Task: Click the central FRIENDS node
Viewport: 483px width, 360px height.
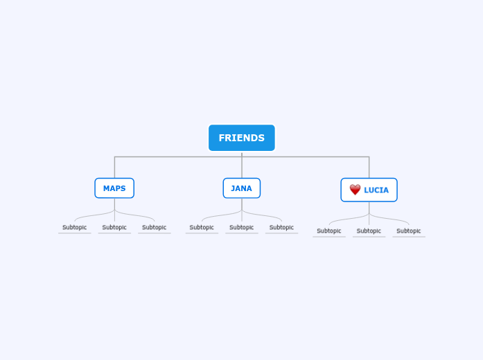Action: coord(242,138)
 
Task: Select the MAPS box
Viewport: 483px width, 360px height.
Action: coord(114,188)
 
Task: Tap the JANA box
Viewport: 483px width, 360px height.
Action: coord(242,188)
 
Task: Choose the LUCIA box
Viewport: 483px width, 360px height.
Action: coord(369,190)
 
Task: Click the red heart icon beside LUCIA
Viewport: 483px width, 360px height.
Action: coord(355,190)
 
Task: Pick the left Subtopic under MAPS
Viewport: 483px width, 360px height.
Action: coord(75,228)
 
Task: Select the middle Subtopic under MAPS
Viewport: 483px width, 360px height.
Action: coord(114,228)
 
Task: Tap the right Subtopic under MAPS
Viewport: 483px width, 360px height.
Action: coord(154,228)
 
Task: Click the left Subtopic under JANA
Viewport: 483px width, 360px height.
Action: coord(202,228)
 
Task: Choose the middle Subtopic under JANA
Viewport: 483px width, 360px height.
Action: coord(242,228)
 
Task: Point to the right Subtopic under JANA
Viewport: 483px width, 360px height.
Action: coord(281,228)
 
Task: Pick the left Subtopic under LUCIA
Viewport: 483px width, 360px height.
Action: coord(329,231)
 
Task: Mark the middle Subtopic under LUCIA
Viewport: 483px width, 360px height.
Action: coord(369,231)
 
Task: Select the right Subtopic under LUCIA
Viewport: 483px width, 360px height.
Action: coord(409,231)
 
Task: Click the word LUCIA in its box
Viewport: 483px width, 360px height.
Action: coord(376,190)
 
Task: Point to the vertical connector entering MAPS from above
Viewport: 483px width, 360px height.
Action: coord(115,168)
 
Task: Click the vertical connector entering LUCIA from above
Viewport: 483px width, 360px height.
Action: coord(369,168)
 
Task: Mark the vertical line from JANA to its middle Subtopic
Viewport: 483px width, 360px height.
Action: coord(242,210)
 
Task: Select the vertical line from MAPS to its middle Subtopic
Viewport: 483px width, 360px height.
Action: coord(114,210)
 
